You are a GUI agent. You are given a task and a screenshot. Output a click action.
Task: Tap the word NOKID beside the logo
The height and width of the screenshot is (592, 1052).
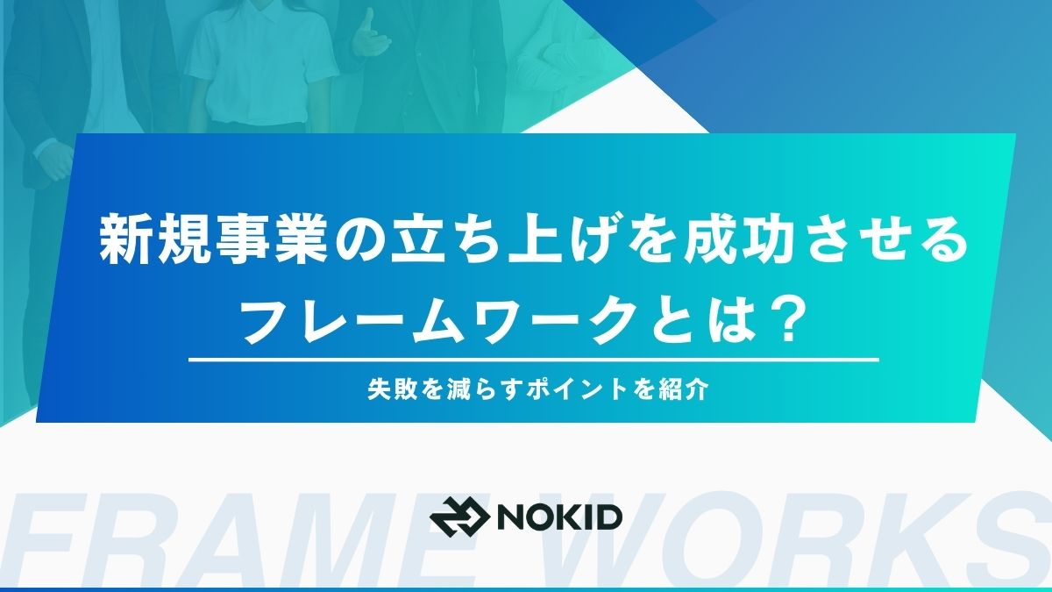point(559,517)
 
